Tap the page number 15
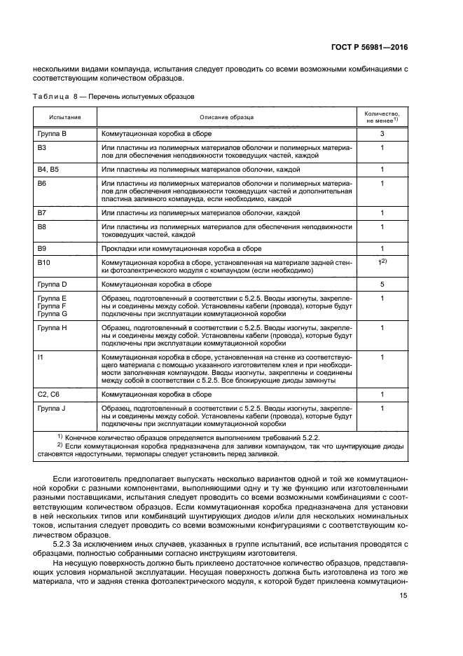pos(403,615)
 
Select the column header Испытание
pos(64,117)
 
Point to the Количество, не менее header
pos(382,116)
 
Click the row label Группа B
pos(52,133)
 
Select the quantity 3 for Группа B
pos(382,133)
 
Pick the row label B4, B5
pos(49,170)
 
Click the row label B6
pos(41,183)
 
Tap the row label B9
pos(41,248)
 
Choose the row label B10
pos(43,261)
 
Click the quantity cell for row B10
pos(382,261)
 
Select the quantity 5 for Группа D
pos(382,285)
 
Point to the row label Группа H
pos(53,327)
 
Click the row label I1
pos(40,357)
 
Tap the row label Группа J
pos(52,408)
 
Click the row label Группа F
pos(52,306)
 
